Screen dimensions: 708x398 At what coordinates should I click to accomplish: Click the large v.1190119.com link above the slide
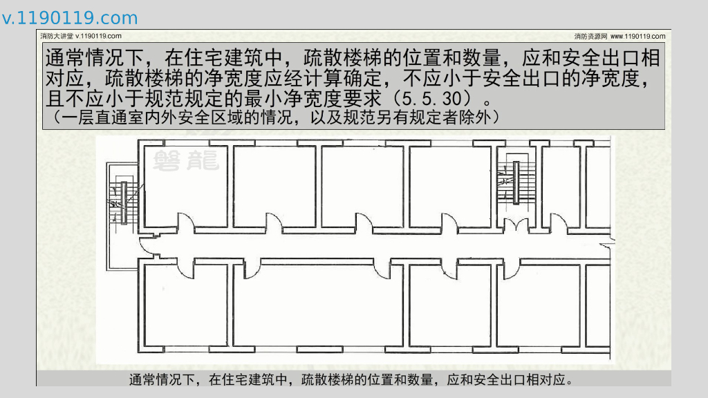tap(70, 19)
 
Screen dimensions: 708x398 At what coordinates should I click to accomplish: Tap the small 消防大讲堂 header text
tap(56, 36)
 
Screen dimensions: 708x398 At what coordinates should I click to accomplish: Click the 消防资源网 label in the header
tap(590, 36)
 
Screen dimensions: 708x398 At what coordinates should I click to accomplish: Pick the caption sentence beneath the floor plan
tap(353, 379)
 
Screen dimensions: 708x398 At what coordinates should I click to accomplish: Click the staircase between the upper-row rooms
tap(515, 183)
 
